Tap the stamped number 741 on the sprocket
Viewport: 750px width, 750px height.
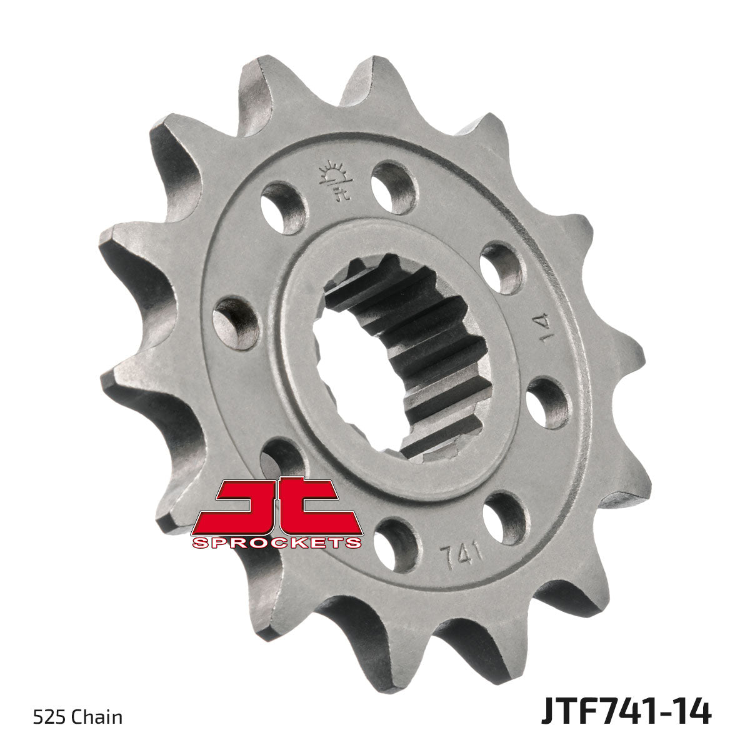coord(460,554)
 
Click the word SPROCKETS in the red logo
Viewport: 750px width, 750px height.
coord(277,542)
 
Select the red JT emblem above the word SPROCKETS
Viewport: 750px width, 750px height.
coord(277,505)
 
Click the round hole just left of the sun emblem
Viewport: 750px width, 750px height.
coord(283,207)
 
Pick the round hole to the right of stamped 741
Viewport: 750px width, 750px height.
coord(505,517)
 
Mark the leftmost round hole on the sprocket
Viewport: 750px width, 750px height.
coord(236,322)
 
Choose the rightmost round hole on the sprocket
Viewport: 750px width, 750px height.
coord(547,402)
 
